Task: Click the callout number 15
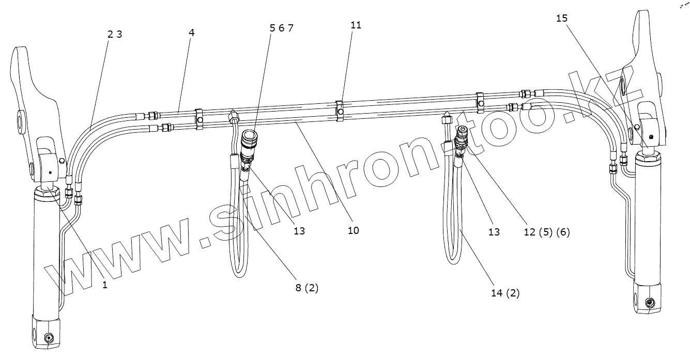[562, 18]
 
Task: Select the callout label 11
[356, 25]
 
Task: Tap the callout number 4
[192, 32]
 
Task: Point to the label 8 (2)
[306, 288]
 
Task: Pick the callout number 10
[353, 230]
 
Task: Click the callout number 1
[105, 285]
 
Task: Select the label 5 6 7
[281, 28]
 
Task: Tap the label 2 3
[114, 35]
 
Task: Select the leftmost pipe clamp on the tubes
[199, 118]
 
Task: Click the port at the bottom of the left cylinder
[50, 338]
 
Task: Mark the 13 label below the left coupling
[299, 231]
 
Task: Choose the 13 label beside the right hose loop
[494, 232]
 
